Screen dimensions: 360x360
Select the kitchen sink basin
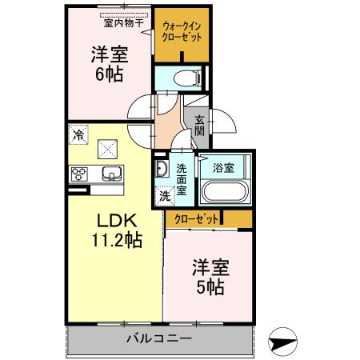[110, 174]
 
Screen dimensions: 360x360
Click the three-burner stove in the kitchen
[82, 174]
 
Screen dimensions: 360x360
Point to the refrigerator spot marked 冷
[78, 135]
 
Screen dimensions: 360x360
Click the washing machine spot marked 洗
[163, 194]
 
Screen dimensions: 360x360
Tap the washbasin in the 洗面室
[161, 169]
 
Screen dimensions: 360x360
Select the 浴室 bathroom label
[223, 168]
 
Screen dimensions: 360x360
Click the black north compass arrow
[286, 341]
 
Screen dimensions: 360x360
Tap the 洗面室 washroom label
[182, 179]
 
